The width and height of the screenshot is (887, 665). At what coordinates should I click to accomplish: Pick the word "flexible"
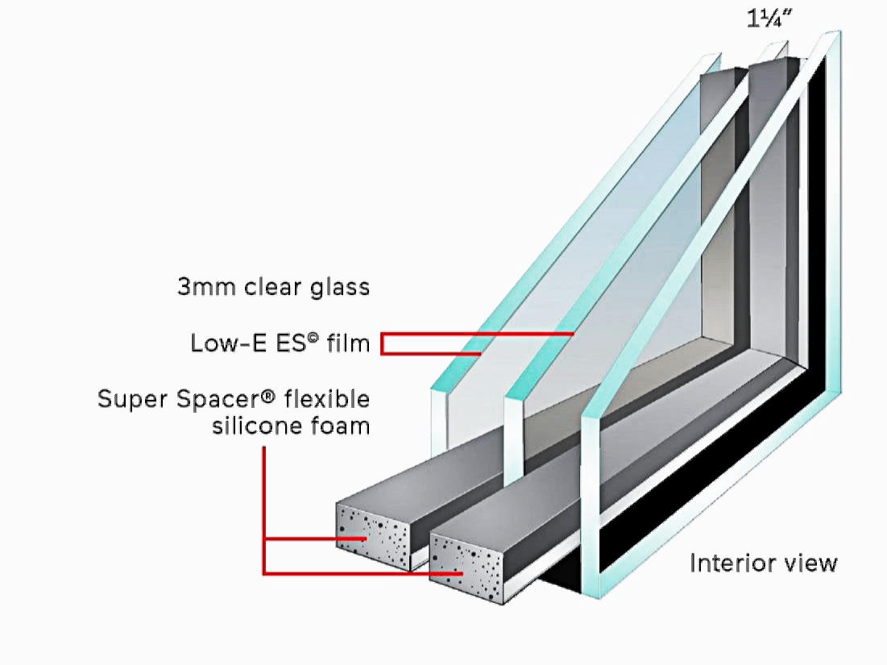click(x=330, y=399)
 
